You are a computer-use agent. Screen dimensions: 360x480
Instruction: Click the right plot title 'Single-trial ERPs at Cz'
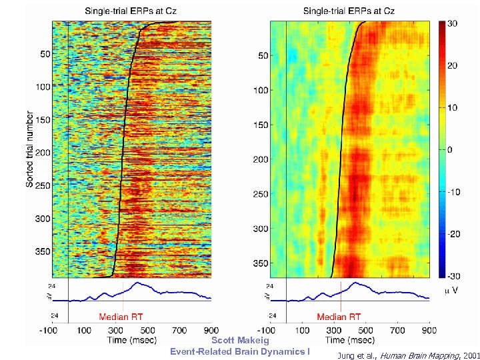pyautogui.click(x=349, y=11)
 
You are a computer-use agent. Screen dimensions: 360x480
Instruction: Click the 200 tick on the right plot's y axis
pyautogui.click(x=261, y=159)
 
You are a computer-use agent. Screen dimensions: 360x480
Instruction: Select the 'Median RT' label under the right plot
pyautogui.click(x=339, y=317)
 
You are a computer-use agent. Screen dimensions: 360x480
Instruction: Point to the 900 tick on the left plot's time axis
pyautogui.click(x=211, y=330)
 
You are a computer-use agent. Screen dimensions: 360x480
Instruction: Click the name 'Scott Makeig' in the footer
pyautogui.click(x=239, y=340)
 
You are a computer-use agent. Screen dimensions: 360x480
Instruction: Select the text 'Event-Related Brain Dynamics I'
pyautogui.click(x=239, y=351)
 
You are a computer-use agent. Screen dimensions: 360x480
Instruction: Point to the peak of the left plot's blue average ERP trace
pyautogui.click(x=137, y=283)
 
